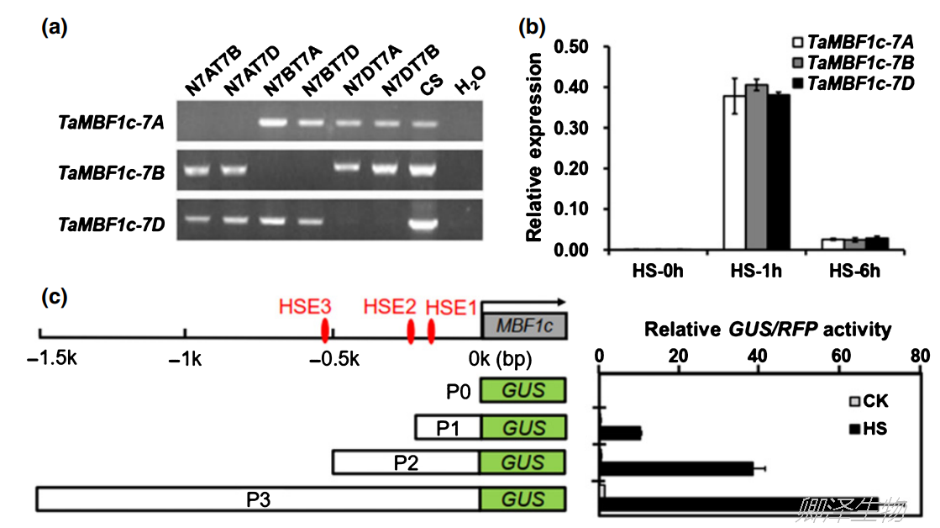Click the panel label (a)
coord(55,28)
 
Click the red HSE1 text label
coord(454,307)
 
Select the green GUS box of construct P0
coord(523,390)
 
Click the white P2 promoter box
coord(406,462)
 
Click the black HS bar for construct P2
coord(676,468)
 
